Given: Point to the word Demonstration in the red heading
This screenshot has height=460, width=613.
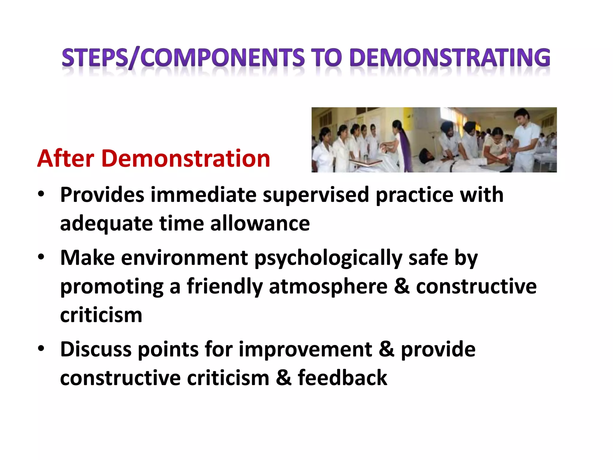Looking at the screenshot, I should pyautogui.click(x=186, y=158).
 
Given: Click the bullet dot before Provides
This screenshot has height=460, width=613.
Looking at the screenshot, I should pyautogui.click(x=41, y=194).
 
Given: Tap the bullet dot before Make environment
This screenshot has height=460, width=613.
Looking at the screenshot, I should pyautogui.click(x=41, y=257).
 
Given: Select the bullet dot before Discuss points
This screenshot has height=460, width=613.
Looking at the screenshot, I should pyautogui.click(x=41, y=349).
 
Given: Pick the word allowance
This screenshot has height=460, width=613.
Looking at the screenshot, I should pyautogui.click(x=260, y=223).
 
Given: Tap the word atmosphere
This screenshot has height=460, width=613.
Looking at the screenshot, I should pyautogui.click(x=328, y=286).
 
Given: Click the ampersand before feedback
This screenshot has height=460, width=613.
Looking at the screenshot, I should pyautogui.click(x=283, y=377).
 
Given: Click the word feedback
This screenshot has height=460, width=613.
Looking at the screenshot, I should pyautogui.click(x=342, y=377).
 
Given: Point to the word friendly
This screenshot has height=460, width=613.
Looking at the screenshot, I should pyautogui.click(x=224, y=286).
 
